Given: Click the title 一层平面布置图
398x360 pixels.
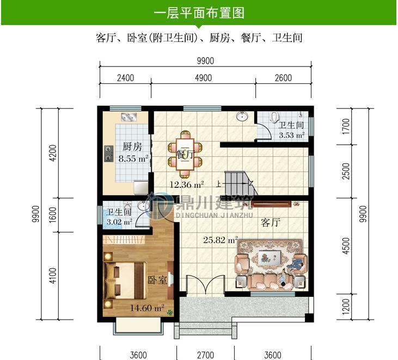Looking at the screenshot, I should point(198,12).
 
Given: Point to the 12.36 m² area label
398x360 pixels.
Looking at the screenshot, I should point(186,184).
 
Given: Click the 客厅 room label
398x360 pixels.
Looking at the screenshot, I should point(270,223).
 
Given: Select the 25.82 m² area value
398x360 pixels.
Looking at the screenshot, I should point(221,239).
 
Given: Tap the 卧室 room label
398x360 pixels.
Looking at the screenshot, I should point(157,280).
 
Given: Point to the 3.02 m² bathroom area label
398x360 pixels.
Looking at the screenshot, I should point(119,222).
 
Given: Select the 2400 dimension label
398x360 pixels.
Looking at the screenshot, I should point(125,78).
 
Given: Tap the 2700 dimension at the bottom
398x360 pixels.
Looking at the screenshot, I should point(205,355).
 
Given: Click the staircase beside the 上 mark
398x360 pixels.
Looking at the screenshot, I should point(239,179).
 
